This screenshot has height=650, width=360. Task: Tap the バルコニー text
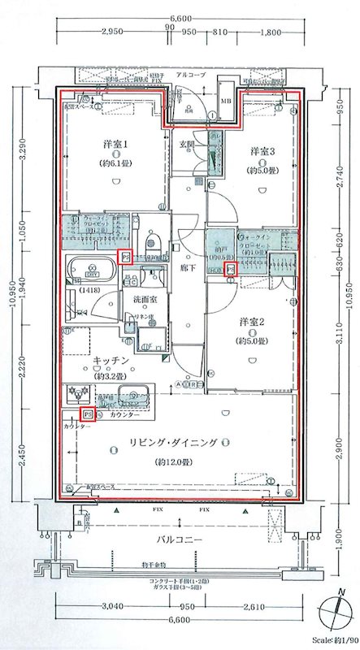point(179,540)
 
